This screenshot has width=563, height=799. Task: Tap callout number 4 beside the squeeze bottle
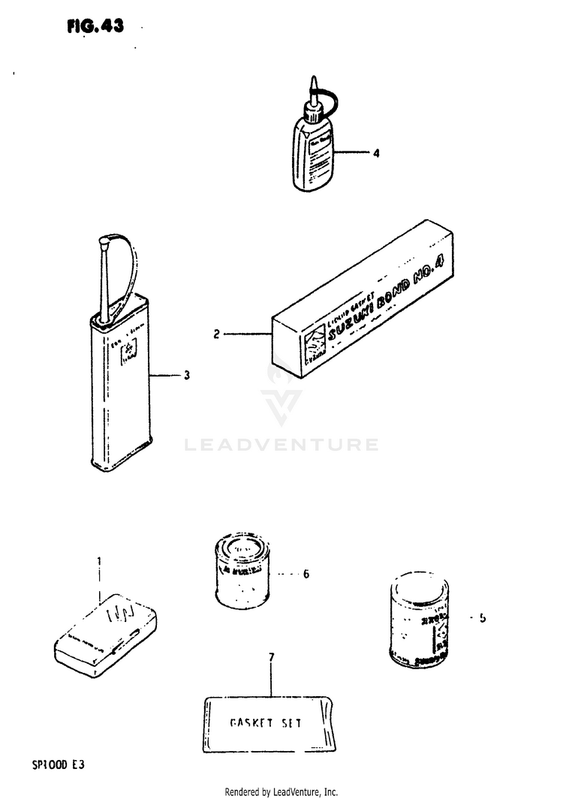[x=376, y=153]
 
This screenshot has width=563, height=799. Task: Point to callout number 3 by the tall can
[x=187, y=374]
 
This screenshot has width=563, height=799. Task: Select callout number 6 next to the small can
[x=306, y=575]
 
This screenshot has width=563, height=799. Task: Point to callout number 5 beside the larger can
[x=483, y=618]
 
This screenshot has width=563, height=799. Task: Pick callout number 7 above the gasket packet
[x=271, y=657]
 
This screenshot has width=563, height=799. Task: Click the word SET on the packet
[x=291, y=723]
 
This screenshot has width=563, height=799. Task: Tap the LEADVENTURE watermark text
[x=281, y=445]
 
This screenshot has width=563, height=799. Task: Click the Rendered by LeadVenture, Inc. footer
[x=281, y=791]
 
